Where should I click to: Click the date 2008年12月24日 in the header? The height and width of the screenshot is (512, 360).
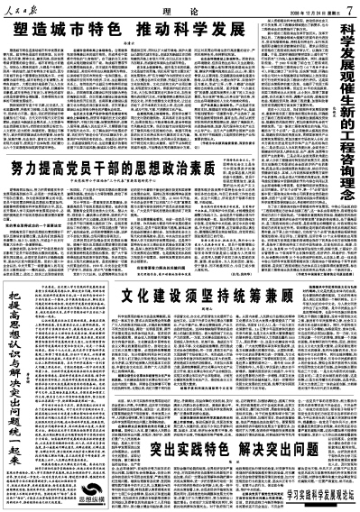coord(301,9)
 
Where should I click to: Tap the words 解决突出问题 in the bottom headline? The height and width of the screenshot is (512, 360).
coord(262,422)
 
